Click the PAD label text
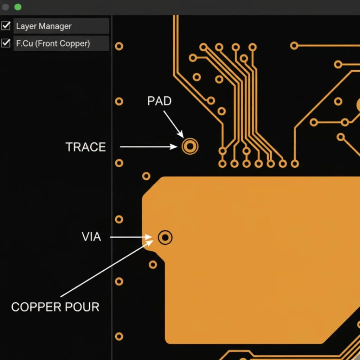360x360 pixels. coord(159,101)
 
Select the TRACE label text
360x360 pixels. coord(86,147)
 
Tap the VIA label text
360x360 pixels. coord(91,237)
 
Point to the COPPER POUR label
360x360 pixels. coord(55,307)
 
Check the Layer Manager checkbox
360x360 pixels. coord(6,26)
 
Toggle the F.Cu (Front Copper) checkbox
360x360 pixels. coord(6,43)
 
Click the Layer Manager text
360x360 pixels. coord(44,26)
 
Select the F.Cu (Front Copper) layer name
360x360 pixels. coord(53,44)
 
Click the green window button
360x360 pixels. coord(18,7)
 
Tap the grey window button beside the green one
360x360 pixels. coord(6,7)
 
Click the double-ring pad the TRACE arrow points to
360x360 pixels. coord(190,146)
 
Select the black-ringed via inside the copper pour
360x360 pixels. coord(165,238)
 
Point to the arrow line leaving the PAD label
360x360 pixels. coord(172,123)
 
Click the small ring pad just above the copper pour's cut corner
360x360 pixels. coord(146,176)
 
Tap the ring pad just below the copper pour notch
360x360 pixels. coord(153,264)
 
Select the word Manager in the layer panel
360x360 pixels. coord(55,26)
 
